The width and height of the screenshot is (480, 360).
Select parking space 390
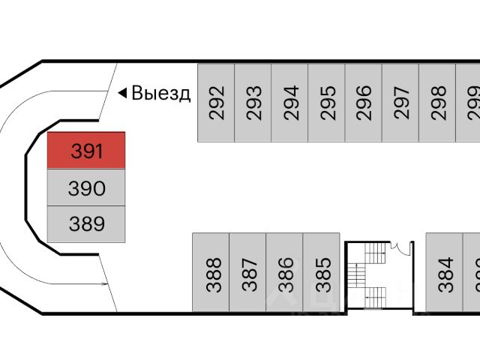86,187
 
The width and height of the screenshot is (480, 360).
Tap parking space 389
86,223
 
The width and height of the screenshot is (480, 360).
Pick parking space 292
216,103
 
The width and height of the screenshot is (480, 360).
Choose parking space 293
253,103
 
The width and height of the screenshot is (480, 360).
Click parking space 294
289,103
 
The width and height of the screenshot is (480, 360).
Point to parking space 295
326,103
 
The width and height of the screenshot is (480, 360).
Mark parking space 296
363,103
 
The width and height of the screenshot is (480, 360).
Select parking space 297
400,103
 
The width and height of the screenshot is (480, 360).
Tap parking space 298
436,103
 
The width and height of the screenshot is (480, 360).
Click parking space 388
211,273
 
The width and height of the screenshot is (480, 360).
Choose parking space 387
247,273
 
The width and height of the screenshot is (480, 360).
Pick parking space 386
284,273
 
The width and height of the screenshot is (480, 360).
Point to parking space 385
321,273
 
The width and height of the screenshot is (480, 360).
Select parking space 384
445,273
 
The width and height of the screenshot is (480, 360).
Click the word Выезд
161,93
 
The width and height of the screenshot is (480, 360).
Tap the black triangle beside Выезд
121,93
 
